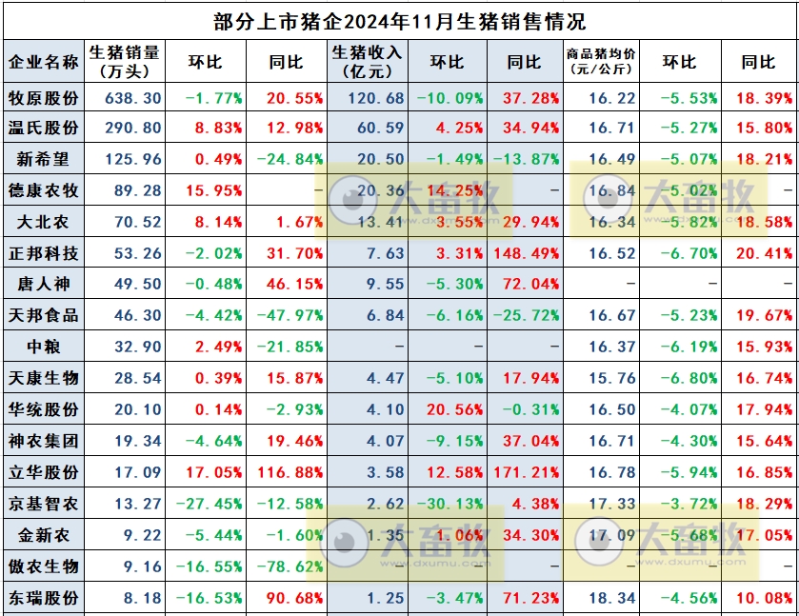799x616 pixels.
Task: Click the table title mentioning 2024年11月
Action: [x=400, y=20]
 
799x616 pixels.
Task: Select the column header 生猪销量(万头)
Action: [x=124, y=61]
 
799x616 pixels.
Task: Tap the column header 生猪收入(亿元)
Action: [x=367, y=61]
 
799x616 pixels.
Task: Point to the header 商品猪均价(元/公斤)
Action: [x=602, y=61]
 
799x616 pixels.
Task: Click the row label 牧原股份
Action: [x=43, y=97]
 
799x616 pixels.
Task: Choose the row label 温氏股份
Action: [x=43, y=128]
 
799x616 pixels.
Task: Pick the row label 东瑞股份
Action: [x=43, y=599]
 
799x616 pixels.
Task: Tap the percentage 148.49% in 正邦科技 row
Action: [x=527, y=253]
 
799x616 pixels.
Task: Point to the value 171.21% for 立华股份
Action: [x=527, y=473]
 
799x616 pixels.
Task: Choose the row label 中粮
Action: [x=43, y=348]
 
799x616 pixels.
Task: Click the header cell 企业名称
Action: [x=43, y=61]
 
